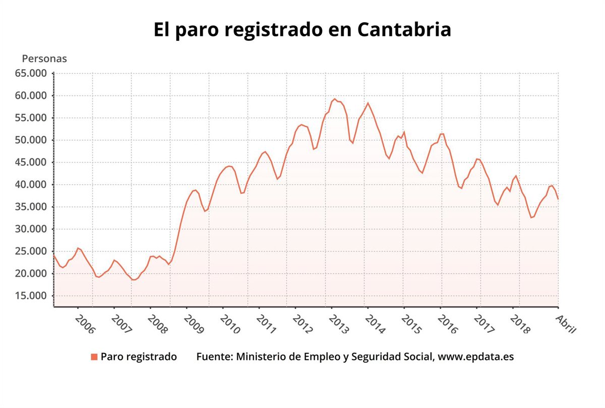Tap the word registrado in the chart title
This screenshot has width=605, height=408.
[x=273, y=30]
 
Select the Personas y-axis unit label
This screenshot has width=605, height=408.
[x=44, y=59]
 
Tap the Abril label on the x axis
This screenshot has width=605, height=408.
[x=565, y=323]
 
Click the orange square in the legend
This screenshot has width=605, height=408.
[x=94, y=357]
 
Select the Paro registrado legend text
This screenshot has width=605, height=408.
[x=139, y=357]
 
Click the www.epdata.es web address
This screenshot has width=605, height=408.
[x=475, y=357]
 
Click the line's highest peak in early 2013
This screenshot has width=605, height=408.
[x=334, y=99]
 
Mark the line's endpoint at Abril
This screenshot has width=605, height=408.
[x=558, y=199]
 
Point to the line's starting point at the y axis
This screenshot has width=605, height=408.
[x=54, y=256]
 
